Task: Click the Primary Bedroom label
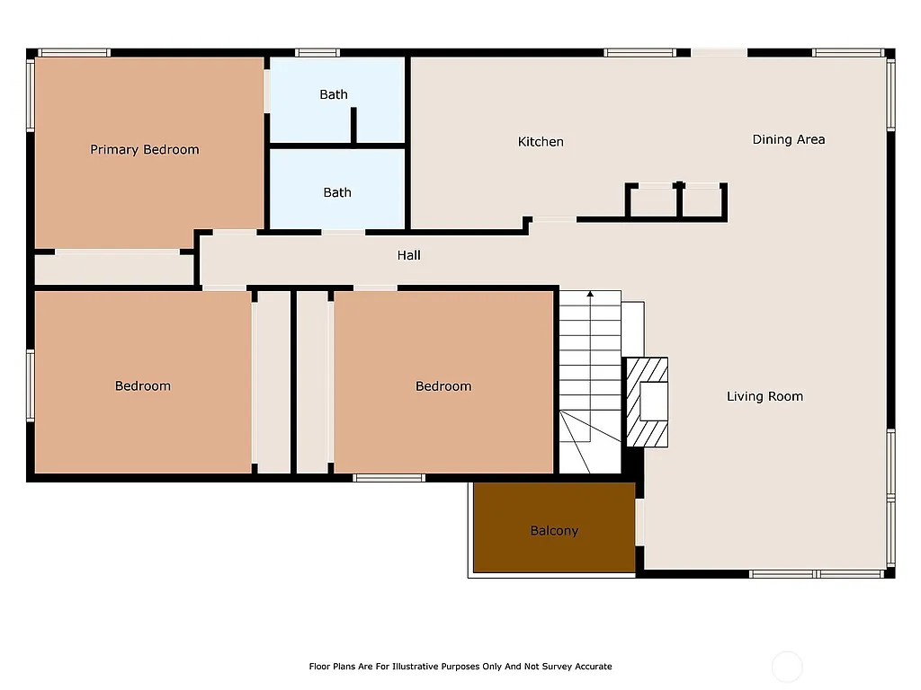point(144,150)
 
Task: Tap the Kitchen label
point(541,142)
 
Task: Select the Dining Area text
point(788,139)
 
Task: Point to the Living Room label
point(765,396)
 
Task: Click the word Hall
point(408,255)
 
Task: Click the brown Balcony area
point(554,530)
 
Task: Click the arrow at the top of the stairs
point(590,294)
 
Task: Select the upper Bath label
point(334,94)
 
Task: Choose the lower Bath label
point(337,192)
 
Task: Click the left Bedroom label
point(142,386)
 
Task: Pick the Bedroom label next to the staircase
point(443,386)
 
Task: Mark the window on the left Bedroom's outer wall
point(30,385)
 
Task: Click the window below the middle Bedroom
point(389,478)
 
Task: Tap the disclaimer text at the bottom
point(460,667)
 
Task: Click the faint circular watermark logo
point(787,667)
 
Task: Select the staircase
point(590,382)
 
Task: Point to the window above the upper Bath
point(317,52)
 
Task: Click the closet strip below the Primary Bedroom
point(115,269)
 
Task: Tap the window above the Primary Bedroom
point(74,52)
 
